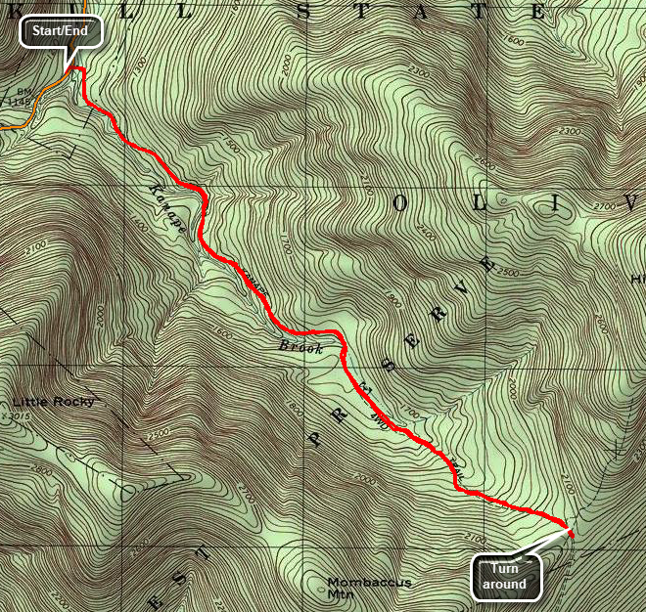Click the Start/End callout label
point(60,31)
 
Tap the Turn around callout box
point(508,577)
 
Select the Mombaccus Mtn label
point(369,588)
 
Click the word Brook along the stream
point(300,347)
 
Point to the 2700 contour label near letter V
point(629,206)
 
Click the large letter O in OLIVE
point(401,203)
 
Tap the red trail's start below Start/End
point(78,70)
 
